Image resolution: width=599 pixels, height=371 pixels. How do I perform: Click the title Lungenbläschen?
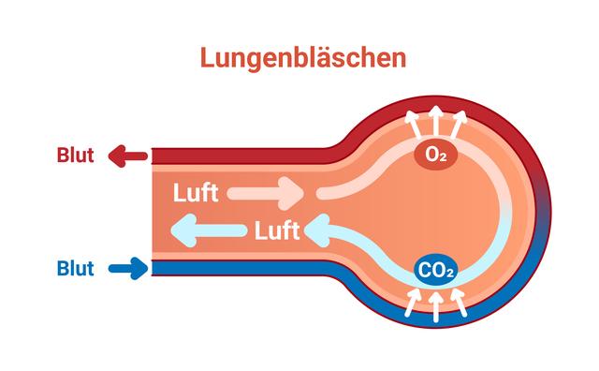(303, 57)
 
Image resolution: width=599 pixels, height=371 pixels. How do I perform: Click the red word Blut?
(76, 156)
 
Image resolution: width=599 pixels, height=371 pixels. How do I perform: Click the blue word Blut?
(76, 270)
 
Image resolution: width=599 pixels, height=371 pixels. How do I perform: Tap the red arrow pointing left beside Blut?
(126, 156)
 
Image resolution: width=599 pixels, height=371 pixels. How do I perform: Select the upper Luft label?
(196, 194)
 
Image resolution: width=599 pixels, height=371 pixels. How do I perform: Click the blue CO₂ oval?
(435, 272)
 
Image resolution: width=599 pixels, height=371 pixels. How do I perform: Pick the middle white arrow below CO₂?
(435, 304)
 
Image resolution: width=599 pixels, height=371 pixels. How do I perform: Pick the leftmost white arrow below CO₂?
(414, 299)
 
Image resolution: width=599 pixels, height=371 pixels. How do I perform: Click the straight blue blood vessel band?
(243, 269)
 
